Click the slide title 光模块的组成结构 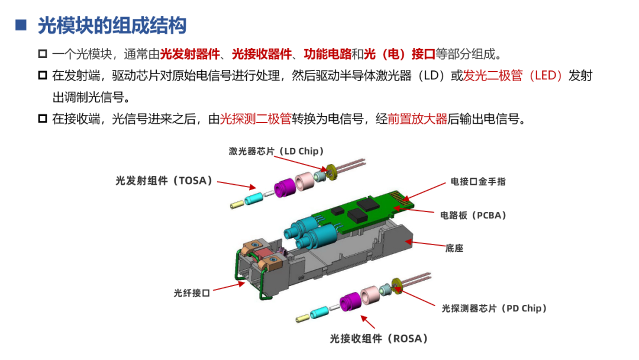(x=112, y=25)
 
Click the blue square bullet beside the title (x=21, y=25)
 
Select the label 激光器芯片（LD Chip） (x=276, y=151)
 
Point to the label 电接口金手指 (x=478, y=182)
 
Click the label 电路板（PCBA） (x=473, y=216)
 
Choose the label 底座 (x=454, y=248)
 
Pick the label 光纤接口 (x=192, y=292)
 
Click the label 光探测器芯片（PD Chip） (x=495, y=308)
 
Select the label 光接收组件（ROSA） (x=379, y=339)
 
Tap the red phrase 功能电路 (x=328, y=54)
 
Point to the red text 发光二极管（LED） (x=513, y=76)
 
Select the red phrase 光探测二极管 (x=256, y=118)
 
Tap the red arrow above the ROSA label (x=367, y=323)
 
